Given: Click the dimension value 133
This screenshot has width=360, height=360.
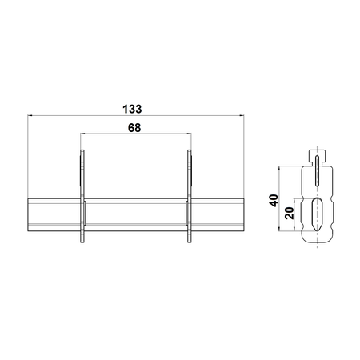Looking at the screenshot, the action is [x=132, y=109].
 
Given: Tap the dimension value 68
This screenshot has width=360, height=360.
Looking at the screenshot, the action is [x=134, y=128].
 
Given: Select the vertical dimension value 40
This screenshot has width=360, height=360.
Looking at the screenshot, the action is [x=274, y=201].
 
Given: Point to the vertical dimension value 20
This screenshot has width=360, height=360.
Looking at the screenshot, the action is [x=290, y=214].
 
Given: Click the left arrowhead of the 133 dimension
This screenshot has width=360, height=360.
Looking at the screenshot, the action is [x=30, y=115].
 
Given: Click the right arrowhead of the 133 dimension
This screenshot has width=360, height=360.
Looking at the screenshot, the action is [x=242, y=115].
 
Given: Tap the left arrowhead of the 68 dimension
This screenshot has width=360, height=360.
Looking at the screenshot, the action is [x=83, y=134].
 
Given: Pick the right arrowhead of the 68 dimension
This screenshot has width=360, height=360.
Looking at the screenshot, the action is [x=189, y=134].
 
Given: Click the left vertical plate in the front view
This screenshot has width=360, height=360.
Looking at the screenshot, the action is [x=82, y=196].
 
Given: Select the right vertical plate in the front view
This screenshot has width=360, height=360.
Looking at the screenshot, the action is [x=190, y=196].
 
